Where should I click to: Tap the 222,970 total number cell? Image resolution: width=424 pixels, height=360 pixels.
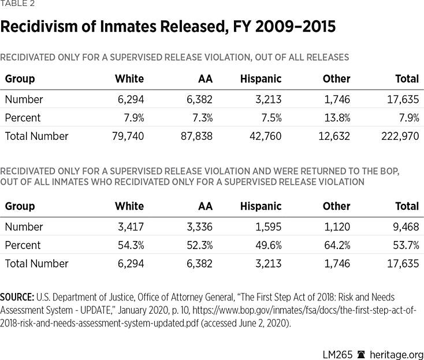pos(399,136)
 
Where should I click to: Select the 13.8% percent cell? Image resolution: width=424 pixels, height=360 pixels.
pos(336,118)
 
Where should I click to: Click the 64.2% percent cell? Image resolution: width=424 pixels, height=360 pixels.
pos(336,245)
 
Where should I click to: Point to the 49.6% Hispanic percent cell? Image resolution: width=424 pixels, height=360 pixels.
pos(267,245)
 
